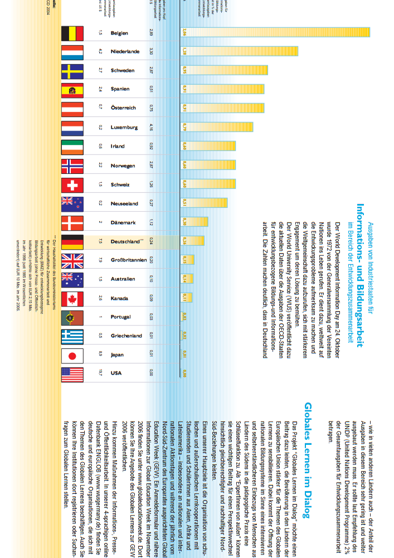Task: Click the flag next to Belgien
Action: click(x=72, y=33)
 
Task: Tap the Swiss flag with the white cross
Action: click(x=72, y=185)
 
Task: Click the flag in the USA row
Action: click(x=72, y=374)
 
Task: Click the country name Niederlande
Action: click(x=125, y=52)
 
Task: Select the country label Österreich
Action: click(x=123, y=108)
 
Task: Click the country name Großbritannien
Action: click(x=128, y=260)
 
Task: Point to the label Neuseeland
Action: click(x=124, y=204)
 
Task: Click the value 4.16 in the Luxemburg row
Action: click(x=152, y=127)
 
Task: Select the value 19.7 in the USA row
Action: click(x=100, y=373)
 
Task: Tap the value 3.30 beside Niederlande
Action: click(x=152, y=52)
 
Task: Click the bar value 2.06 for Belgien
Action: click(x=184, y=33)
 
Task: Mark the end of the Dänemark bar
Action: click(x=208, y=222)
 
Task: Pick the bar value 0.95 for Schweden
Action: click(x=184, y=71)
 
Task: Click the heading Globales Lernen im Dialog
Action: click(x=308, y=460)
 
